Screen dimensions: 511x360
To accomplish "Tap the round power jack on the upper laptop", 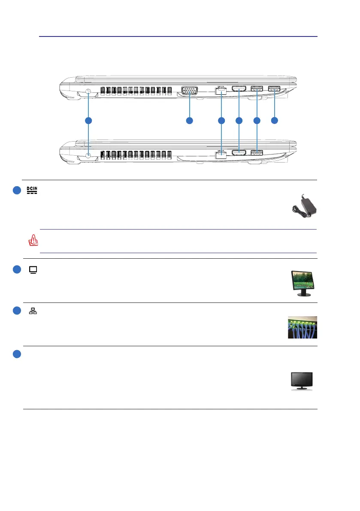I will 88,91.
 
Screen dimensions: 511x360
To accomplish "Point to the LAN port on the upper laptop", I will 221,90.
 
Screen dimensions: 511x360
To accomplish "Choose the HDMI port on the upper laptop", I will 239,89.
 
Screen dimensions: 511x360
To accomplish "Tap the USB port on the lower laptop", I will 257,152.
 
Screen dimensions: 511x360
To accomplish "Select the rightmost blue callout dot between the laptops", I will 275,121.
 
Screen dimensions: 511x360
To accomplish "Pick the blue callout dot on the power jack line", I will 88,121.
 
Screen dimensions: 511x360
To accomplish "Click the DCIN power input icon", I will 32,190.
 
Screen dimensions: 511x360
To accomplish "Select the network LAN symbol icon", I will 33,311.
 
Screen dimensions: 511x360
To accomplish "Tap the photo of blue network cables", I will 303,327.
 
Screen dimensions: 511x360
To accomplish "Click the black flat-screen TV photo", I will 302,381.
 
